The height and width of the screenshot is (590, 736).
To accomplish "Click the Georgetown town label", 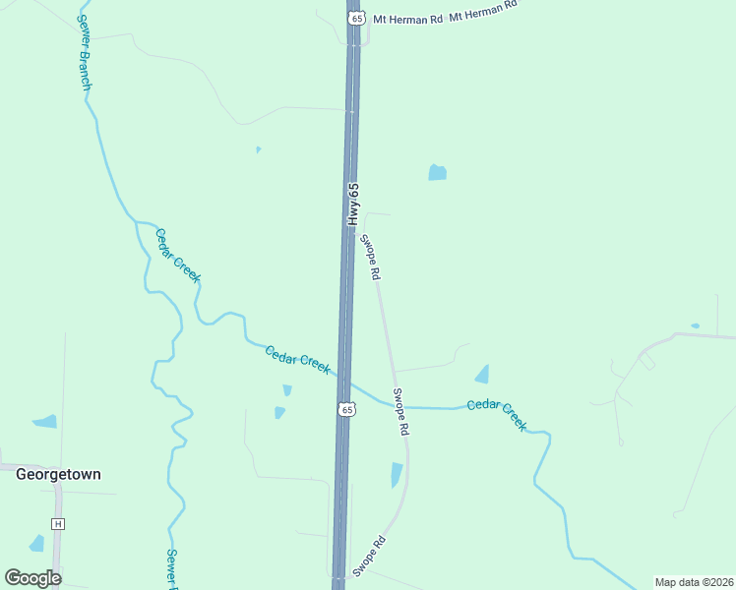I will (58, 474).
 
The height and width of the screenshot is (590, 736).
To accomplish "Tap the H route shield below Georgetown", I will (58, 523).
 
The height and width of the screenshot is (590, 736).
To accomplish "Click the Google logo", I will (32, 578).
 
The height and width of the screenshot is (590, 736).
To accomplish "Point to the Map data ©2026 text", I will (694, 582).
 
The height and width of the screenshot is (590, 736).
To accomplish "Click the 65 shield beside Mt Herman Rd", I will (356, 18).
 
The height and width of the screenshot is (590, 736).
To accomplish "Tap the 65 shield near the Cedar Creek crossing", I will (345, 409).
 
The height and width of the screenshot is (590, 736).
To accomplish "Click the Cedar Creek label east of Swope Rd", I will (497, 415).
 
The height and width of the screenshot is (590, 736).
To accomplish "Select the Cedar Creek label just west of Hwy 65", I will (297, 358).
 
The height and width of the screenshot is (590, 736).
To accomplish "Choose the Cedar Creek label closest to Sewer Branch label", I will (178, 255).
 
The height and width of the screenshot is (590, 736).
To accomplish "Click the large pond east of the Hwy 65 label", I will (437, 173).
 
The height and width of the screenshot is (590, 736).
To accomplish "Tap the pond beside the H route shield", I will (37, 543).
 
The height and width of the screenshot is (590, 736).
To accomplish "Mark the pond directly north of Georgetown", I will (45, 422).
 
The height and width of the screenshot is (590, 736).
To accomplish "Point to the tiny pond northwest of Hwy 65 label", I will (258, 149).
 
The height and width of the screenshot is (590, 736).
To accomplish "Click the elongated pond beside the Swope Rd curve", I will (397, 475).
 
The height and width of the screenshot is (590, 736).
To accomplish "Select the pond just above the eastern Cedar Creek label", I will (482, 374).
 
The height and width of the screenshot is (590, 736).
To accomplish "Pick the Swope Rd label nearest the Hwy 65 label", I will (369, 258).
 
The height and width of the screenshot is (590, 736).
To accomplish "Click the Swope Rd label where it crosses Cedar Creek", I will (400, 411).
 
